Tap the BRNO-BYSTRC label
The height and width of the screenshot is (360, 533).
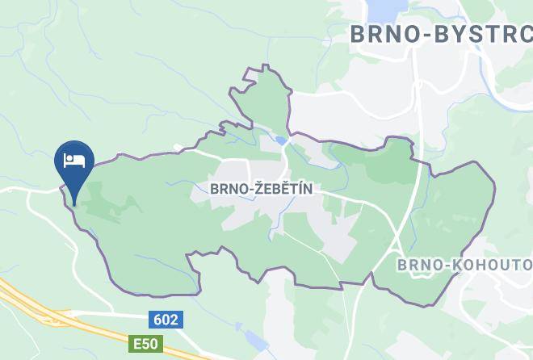coord(440,35)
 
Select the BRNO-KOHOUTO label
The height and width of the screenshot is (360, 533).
coord(464,265)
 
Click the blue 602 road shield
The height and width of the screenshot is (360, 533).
coord(165,320)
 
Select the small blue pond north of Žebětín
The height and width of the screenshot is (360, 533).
coord(279,140)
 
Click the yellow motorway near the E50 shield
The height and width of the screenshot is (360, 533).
coord(48,311)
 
